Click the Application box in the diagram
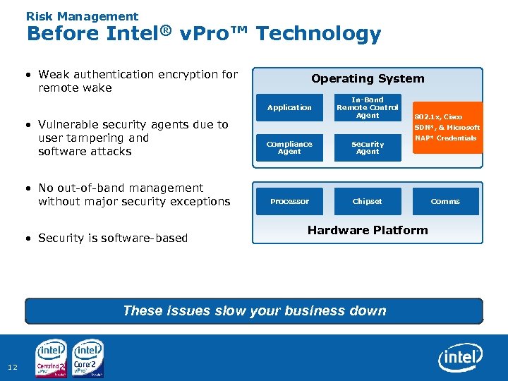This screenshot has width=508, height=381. click(x=289, y=108)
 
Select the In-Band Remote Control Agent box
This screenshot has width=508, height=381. click(x=367, y=108)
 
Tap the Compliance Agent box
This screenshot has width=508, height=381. click(x=289, y=147)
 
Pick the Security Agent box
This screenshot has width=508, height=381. click(x=367, y=147)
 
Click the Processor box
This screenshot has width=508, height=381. click(x=289, y=202)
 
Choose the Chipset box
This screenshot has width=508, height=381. click(x=367, y=202)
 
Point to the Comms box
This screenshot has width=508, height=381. click(x=445, y=202)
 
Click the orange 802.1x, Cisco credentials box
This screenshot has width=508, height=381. click(x=447, y=128)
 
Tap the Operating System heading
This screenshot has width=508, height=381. click(x=368, y=79)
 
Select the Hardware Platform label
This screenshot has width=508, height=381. click(x=368, y=230)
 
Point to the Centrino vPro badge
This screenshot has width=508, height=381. click(x=52, y=358)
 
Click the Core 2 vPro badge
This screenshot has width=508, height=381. click(x=88, y=358)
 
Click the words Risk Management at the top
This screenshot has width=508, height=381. click(x=82, y=16)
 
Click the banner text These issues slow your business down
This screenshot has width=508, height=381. click(x=254, y=310)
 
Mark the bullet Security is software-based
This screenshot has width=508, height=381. click(x=113, y=238)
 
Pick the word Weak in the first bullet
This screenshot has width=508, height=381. click(x=54, y=74)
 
